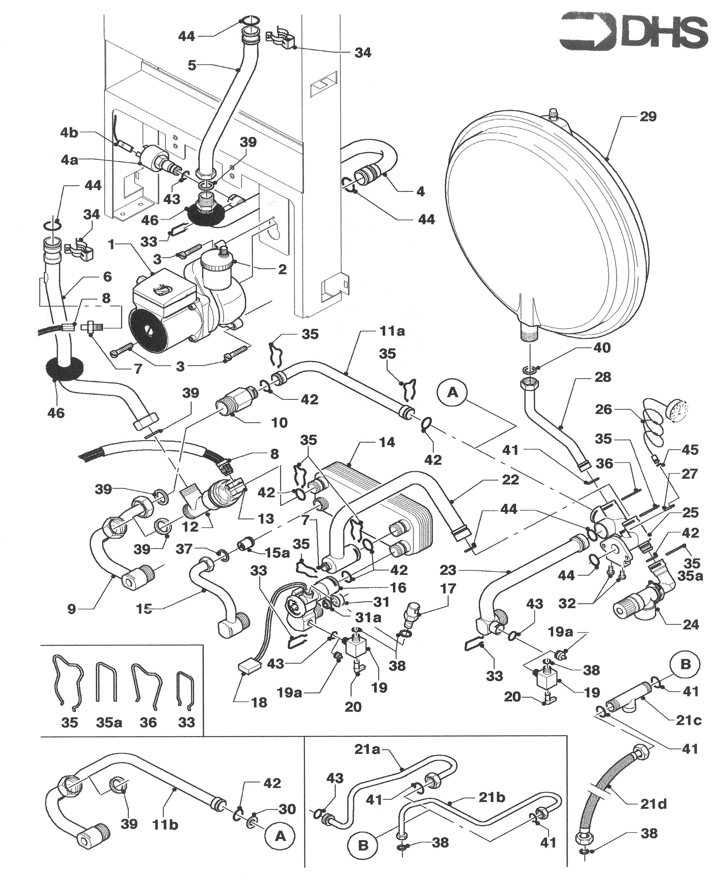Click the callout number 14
tap(387, 442)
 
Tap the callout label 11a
tap(392, 332)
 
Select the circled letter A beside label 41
tap(453, 392)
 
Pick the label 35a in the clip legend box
tap(109, 722)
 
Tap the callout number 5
tap(191, 65)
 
